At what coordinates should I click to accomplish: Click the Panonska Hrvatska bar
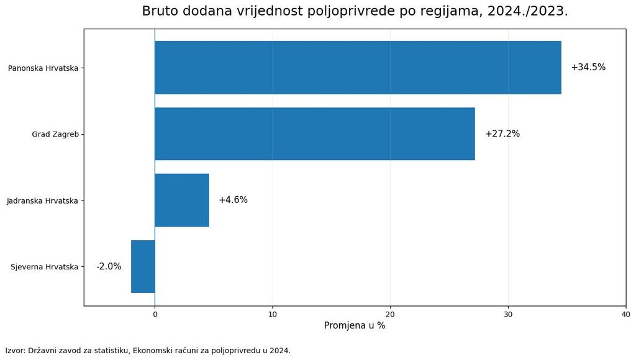coord(358,68)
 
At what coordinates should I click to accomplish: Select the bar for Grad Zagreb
coord(315,134)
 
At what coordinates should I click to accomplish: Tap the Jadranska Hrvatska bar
coord(182,200)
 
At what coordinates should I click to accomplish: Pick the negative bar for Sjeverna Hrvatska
coord(143,266)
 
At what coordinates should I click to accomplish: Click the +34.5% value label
coord(588,67)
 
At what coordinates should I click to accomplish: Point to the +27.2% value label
coord(502,134)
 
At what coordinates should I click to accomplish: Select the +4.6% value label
coord(234,200)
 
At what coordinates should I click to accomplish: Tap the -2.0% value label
coord(109,266)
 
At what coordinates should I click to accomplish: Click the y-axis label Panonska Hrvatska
coord(43,68)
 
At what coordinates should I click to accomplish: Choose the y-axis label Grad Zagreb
coord(55,134)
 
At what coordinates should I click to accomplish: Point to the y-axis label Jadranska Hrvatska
coord(42,200)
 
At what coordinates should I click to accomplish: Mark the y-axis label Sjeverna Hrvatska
coord(44,267)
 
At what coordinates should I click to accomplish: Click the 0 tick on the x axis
coord(155,315)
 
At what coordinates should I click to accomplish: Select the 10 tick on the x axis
coord(273,315)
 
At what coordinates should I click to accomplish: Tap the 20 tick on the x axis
coord(390,315)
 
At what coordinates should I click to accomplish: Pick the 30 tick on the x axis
coord(508,315)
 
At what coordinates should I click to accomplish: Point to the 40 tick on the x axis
coord(626,315)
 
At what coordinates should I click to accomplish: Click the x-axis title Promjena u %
coord(355,325)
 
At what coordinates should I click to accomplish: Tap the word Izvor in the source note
coord(15,351)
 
